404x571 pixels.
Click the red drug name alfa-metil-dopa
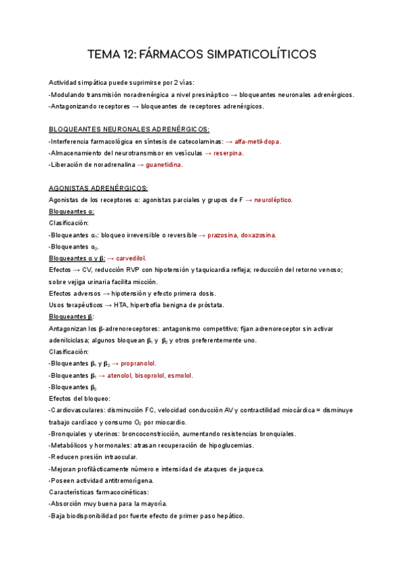258,141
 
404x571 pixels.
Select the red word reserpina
228,153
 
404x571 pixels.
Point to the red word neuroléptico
273,200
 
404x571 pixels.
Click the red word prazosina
227,235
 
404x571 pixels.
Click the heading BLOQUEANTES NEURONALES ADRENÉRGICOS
129,129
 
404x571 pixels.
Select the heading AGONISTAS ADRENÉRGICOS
98,188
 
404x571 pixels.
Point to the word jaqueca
250,469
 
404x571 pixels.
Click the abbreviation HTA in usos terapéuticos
123,304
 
